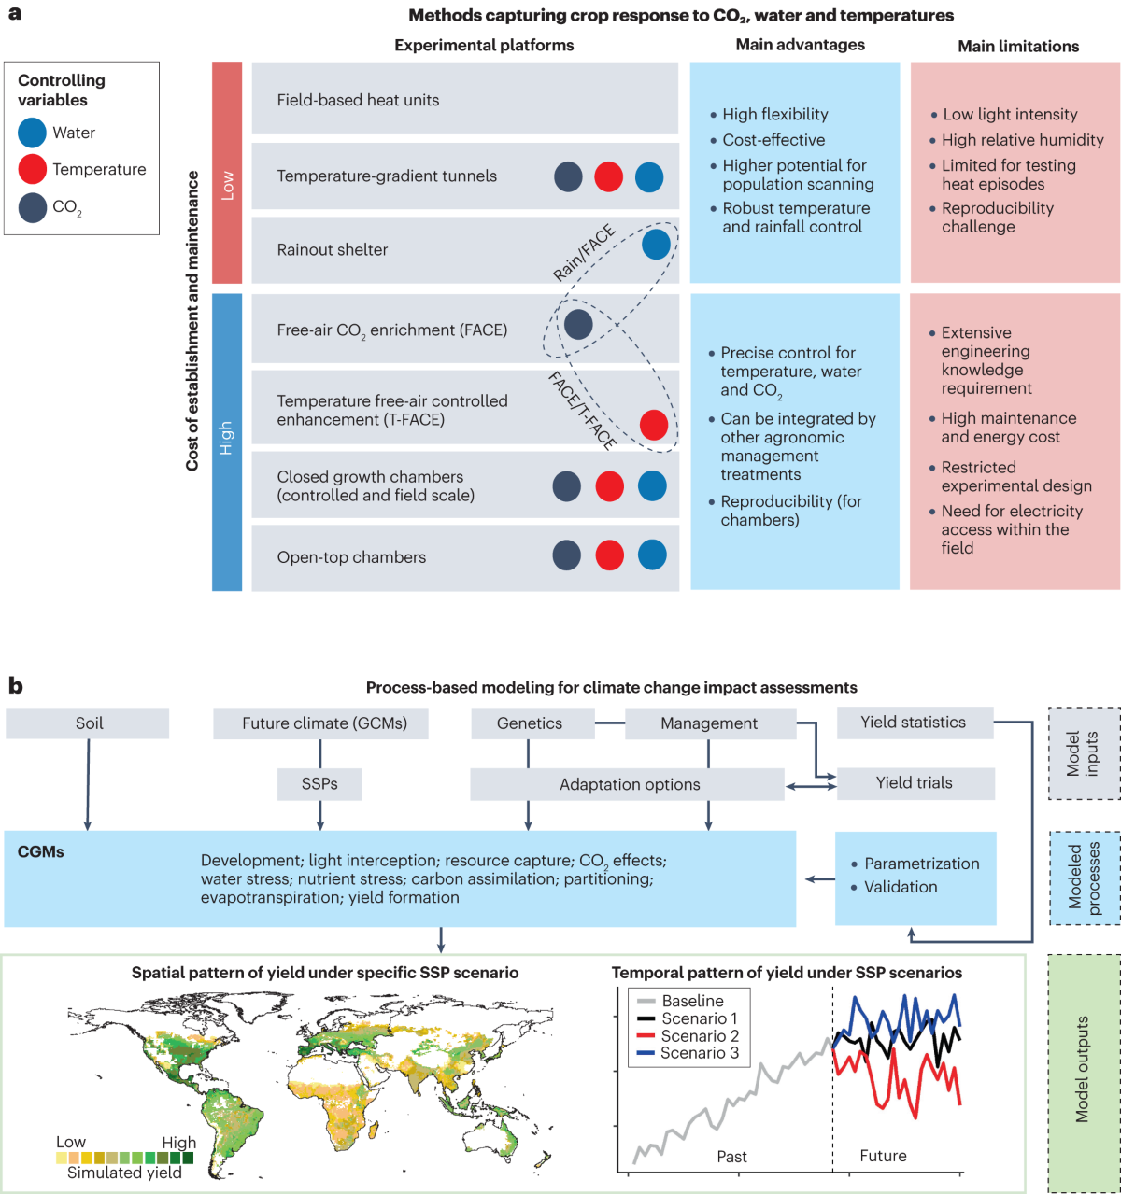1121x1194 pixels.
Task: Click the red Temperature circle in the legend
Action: [33, 169]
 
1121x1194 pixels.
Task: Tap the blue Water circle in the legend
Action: [33, 133]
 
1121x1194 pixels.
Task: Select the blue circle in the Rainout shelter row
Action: [656, 245]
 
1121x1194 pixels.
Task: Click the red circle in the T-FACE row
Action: [654, 424]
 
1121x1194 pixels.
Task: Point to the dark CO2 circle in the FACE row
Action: [578, 324]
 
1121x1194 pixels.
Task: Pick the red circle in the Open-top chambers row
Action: [609, 555]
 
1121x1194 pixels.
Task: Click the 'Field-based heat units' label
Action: [358, 100]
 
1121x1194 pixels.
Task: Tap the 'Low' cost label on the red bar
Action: [227, 185]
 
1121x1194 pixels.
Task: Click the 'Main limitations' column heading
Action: [1018, 46]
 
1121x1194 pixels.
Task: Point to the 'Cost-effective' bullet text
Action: [773, 140]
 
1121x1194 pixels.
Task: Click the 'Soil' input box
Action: [89, 723]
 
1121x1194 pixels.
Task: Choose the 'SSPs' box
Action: [319, 784]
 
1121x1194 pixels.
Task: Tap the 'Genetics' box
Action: [530, 723]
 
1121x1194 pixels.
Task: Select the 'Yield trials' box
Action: [915, 783]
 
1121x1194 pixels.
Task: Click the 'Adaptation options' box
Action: [630, 784]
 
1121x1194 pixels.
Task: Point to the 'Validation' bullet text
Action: [901, 887]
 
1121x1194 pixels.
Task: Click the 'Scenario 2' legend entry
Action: [700, 1035]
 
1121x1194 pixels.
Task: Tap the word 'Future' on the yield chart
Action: [883, 1156]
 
